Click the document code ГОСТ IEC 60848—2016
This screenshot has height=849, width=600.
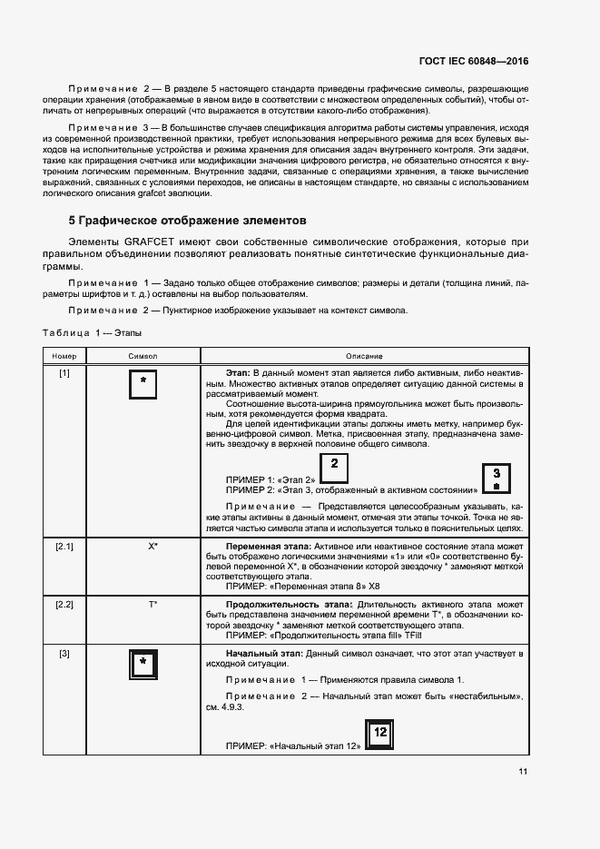pyautogui.click(x=473, y=61)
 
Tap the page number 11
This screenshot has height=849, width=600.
pyautogui.click(x=523, y=772)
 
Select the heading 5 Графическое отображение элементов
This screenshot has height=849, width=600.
pyautogui.click(x=188, y=221)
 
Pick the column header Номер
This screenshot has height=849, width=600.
pyautogui.click(x=64, y=356)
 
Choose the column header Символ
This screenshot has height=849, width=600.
pyautogui.click(x=143, y=356)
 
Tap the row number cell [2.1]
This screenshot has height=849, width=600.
pyautogui.click(x=64, y=547)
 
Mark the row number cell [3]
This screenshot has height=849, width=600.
pyautogui.click(x=64, y=654)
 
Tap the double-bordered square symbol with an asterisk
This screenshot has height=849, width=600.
pyautogui.click(x=143, y=666)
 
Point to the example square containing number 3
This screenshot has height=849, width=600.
pyautogui.click(x=496, y=477)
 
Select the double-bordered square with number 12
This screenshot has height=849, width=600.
pyautogui.click(x=380, y=734)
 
